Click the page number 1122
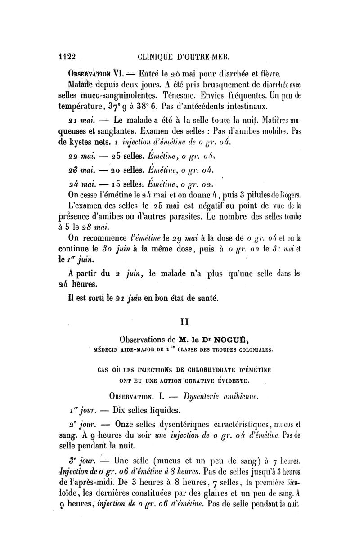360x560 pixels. tap(64, 57)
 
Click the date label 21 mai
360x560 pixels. tap(78, 120)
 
